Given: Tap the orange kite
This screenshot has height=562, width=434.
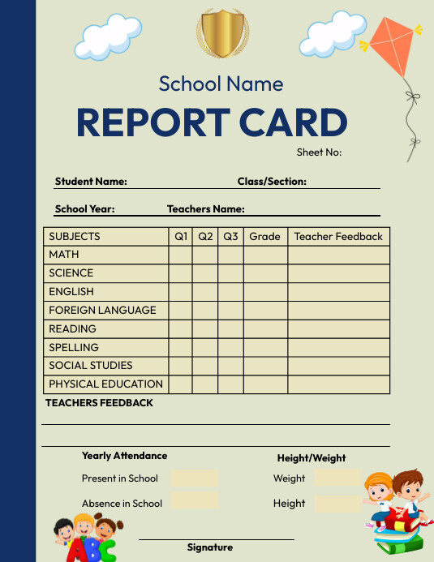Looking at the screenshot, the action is coord(393,49).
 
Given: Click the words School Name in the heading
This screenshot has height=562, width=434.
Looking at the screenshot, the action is coord(221,84).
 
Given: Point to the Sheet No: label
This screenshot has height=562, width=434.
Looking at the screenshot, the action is coord(319,152).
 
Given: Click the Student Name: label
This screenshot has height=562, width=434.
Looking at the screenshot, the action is coord(91,182).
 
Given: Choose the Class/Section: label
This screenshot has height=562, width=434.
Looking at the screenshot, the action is coord(272,182).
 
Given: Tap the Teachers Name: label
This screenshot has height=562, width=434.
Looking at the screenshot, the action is coord(205,208).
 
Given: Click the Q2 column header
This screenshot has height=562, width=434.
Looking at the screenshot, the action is coord(205,237).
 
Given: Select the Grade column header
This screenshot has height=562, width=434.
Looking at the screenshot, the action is coord(264,237).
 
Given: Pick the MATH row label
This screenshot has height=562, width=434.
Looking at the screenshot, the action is coord(64,255).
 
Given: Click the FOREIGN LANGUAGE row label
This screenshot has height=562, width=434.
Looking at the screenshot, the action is coord(102,310).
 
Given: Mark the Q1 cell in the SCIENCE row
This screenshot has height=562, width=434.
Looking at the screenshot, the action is coord(180,273).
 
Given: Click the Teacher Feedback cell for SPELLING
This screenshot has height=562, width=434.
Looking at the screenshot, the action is coord(338,347).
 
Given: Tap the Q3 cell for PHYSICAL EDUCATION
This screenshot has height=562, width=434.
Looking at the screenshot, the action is coord(230,384).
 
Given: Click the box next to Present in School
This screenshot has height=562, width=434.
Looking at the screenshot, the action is coord(194,478).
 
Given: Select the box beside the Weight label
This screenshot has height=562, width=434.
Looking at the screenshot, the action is coord(337,478).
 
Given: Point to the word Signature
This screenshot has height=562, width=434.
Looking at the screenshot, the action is coord(210,547).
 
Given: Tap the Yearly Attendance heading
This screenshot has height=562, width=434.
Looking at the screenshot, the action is coord(124,456).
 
